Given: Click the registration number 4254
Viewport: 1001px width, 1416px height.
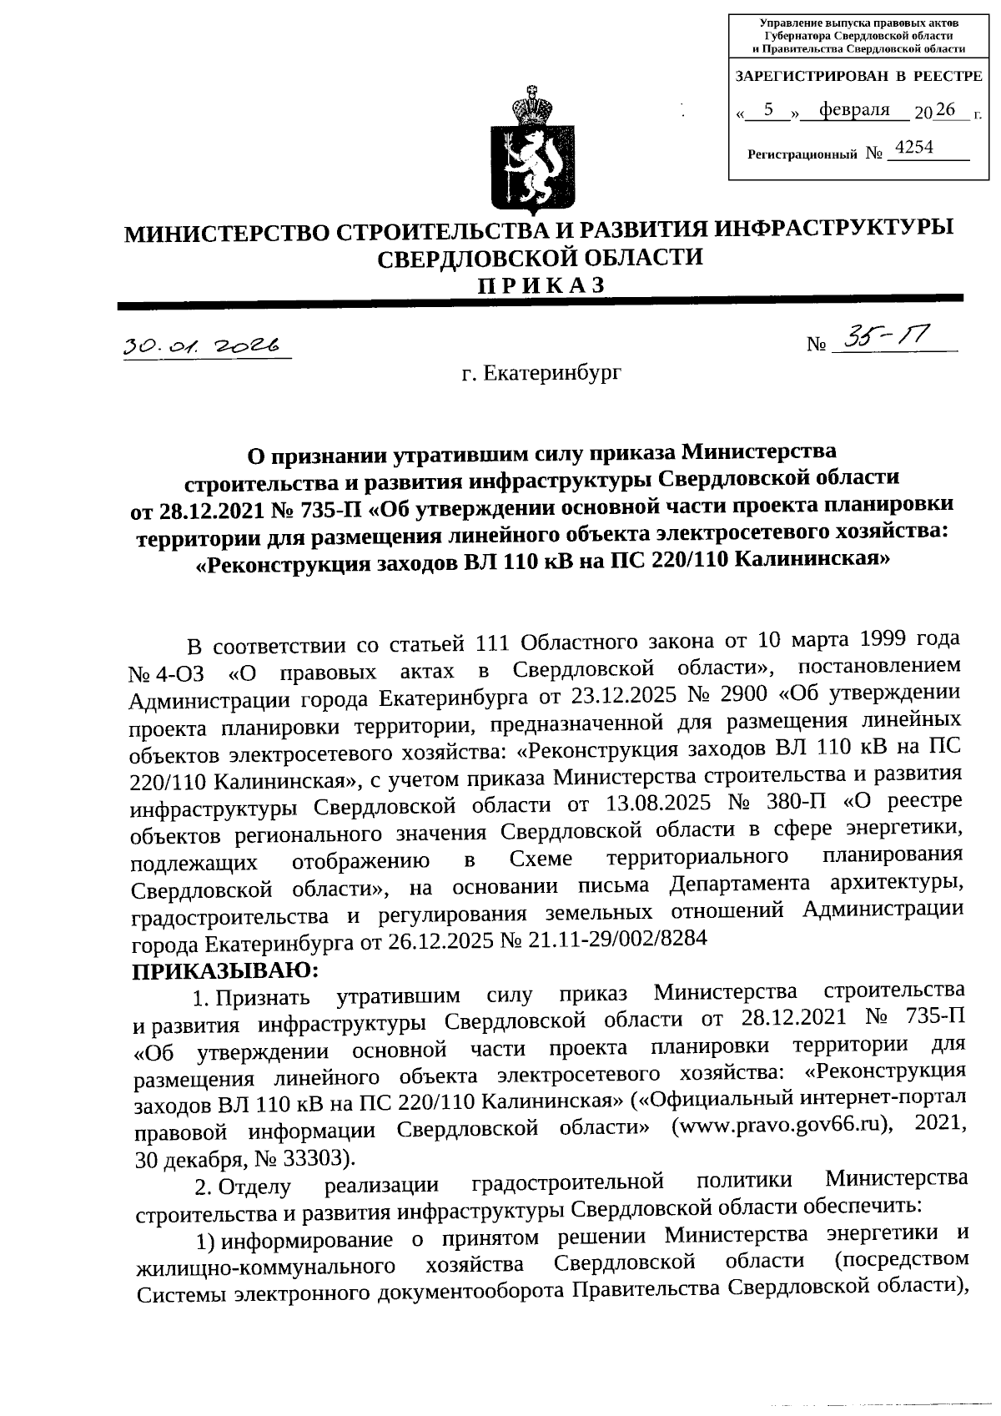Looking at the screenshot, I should coord(913,148).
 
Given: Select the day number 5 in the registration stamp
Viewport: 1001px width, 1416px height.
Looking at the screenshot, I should coord(769,110).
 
